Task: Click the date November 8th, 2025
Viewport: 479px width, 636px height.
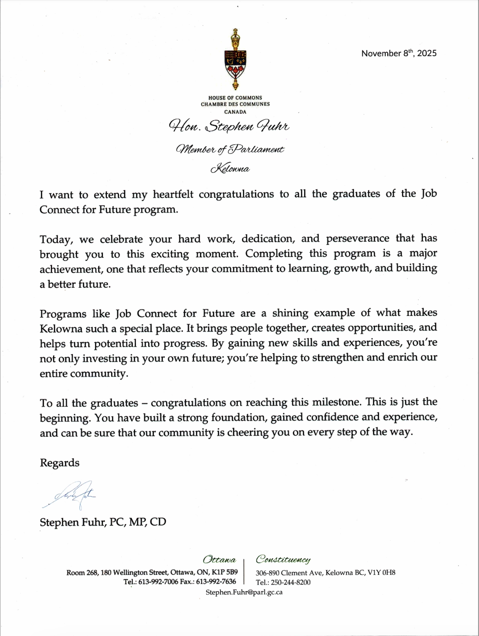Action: [x=399, y=53]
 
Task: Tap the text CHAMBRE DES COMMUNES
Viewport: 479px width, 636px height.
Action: [x=235, y=104]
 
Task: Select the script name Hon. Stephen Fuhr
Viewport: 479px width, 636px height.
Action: [x=229, y=126]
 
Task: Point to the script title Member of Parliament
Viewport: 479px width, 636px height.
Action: [x=230, y=149]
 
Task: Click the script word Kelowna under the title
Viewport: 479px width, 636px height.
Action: [x=230, y=169]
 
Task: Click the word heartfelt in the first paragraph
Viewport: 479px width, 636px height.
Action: [x=173, y=194]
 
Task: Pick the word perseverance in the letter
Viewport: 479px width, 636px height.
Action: [x=357, y=238]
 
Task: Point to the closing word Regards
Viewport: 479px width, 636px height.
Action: [x=59, y=463]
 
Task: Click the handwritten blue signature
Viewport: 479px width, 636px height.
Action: [x=71, y=495]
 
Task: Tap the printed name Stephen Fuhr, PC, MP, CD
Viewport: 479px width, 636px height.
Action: [x=103, y=522]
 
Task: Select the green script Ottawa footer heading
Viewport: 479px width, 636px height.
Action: [x=219, y=560]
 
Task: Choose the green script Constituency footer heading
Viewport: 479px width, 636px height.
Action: [x=283, y=560]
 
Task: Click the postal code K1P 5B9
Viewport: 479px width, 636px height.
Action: [x=225, y=572]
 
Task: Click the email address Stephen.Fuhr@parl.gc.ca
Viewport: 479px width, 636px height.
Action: [x=244, y=592]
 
